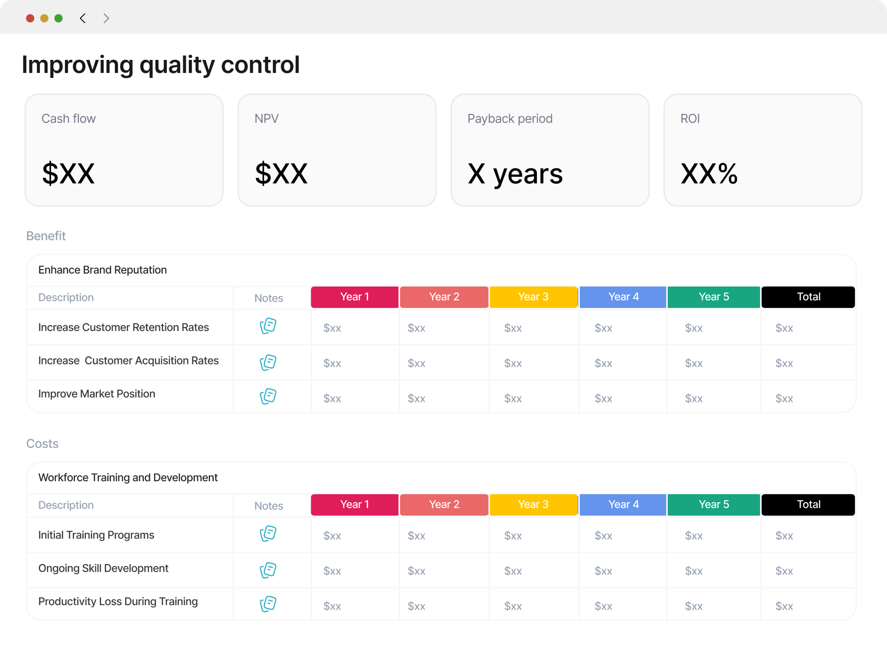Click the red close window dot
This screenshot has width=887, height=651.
point(30,18)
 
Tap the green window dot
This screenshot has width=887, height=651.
point(58,18)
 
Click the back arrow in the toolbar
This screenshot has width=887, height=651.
point(83,18)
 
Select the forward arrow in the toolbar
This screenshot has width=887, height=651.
point(106,18)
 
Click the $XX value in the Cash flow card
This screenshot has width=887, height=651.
point(68,174)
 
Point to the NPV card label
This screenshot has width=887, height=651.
point(267,119)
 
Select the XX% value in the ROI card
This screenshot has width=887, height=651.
point(709,174)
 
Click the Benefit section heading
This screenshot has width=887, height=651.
point(46,236)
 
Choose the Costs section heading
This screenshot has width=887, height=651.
point(42,444)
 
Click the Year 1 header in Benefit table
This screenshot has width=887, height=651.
point(355,297)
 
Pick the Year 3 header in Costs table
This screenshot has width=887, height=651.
point(533,505)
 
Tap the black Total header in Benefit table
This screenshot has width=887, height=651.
point(808,297)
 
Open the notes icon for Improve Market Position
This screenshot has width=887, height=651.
point(268,396)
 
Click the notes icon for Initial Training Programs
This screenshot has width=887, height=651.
point(268,534)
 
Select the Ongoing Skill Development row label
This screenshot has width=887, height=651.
point(103,568)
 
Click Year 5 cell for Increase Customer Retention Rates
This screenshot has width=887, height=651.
point(694,328)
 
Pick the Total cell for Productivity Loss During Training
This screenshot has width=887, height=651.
point(784,606)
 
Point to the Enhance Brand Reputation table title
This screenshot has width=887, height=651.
point(102,270)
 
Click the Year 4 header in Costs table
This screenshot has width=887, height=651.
point(623,505)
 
